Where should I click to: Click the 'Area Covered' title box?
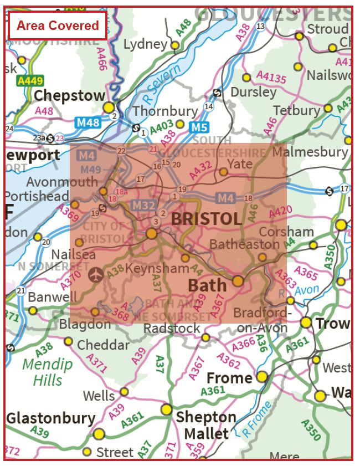57,25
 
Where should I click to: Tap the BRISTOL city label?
206,218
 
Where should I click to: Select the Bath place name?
207,285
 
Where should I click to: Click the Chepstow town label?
69,96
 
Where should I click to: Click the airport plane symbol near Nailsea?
96,273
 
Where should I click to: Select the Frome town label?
229,378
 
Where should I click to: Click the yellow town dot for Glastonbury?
99,434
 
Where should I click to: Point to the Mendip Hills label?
47,372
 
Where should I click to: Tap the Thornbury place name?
165,111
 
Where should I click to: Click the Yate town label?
240,163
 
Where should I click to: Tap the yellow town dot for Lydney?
175,45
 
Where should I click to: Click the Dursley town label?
253,91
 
